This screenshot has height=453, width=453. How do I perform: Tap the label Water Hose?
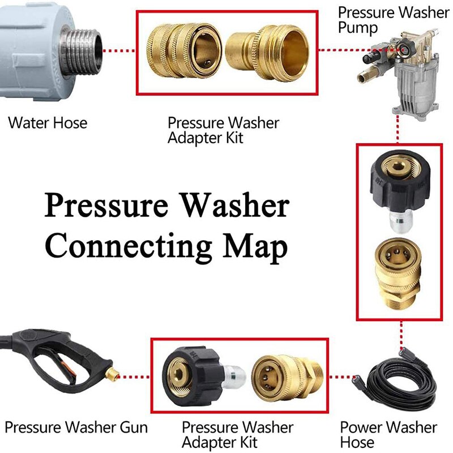pos(48,123)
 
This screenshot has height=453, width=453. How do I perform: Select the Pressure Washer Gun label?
pos(76,427)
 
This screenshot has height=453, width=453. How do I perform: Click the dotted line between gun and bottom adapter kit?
pos(136,374)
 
